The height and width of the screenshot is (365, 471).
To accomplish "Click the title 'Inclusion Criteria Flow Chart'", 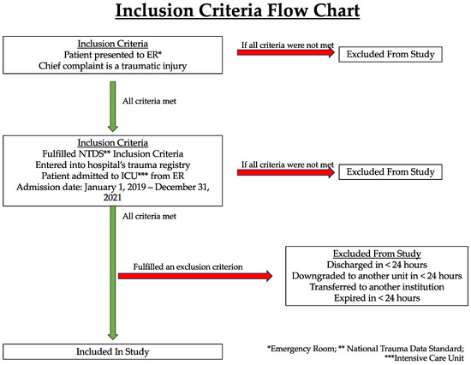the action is [237, 11].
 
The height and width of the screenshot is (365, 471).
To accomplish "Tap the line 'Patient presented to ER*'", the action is [113, 55].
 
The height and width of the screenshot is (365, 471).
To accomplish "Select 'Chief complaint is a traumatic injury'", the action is [113, 66].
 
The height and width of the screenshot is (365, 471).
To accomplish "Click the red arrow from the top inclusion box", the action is [286, 52].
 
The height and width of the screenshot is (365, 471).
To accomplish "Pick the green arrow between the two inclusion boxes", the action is [113, 106].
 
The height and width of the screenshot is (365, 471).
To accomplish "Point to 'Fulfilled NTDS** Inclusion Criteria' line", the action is [113, 153].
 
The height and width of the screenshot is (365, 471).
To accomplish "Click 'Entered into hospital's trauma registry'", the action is [113, 165].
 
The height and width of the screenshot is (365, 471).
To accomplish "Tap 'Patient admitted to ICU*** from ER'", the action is [113, 176].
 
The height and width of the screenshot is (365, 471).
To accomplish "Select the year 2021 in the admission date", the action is [113, 198].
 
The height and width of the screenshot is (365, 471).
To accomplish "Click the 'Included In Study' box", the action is [113, 352].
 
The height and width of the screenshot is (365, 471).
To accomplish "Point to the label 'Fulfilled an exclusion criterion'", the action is [188, 266].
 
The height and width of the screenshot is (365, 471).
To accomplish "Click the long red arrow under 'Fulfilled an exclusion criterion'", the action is [195, 276].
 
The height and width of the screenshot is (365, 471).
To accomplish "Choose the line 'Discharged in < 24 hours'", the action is [377, 265].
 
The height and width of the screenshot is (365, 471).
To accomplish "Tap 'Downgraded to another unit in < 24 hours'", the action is [377, 276].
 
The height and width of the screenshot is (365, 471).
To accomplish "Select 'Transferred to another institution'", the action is [377, 287].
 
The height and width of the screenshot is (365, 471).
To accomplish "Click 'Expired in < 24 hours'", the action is [377, 298].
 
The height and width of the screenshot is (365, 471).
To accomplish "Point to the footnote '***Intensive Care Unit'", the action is [425, 358].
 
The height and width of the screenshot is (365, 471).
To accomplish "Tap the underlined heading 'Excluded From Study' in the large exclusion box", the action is [377, 254].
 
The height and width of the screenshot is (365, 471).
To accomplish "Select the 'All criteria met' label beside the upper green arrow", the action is [149, 101].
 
